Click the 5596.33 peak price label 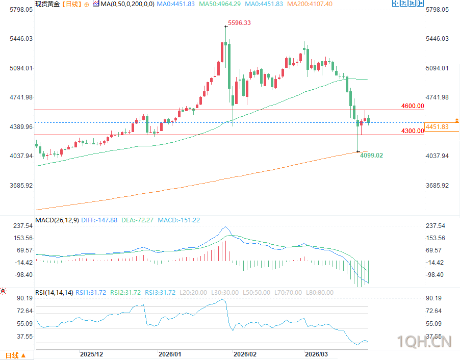tap(239, 23)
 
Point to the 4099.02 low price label tap(371, 156)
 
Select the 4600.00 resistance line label tap(413, 106)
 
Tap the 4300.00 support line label tap(413, 131)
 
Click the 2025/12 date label tap(92, 354)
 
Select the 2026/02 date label tap(244, 354)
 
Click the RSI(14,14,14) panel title tap(53, 293)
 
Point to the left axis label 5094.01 tap(19, 68)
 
